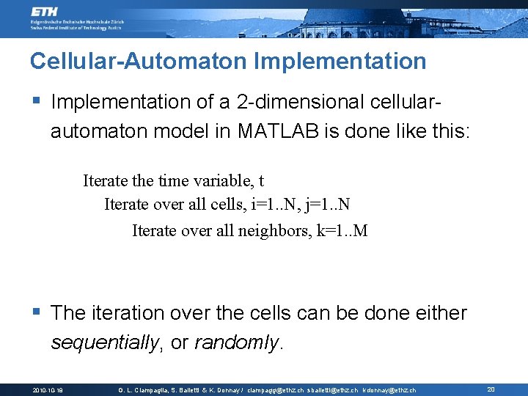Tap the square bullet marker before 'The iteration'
point(37,312)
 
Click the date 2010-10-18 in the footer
point(48,390)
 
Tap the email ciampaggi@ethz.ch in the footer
point(275,390)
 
